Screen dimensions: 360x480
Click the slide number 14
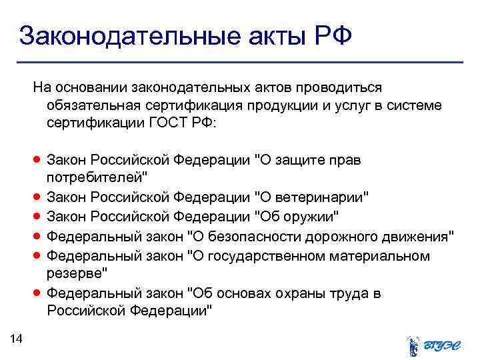(x=17, y=339)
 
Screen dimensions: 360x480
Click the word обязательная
(x=90, y=106)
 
